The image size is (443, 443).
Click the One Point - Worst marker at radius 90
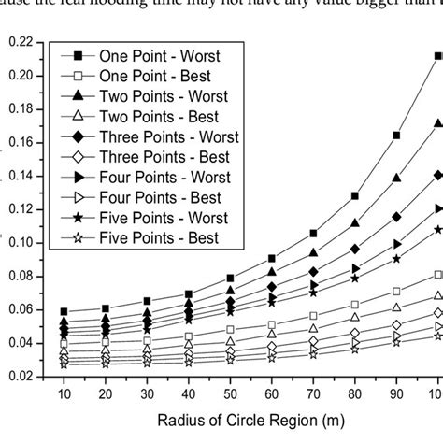coord(396,136)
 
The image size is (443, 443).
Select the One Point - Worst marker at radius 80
coord(354,196)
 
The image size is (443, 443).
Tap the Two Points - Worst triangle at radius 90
coord(396,178)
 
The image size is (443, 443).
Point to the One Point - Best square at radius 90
coord(396,291)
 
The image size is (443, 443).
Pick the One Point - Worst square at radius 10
coord(64,311)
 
